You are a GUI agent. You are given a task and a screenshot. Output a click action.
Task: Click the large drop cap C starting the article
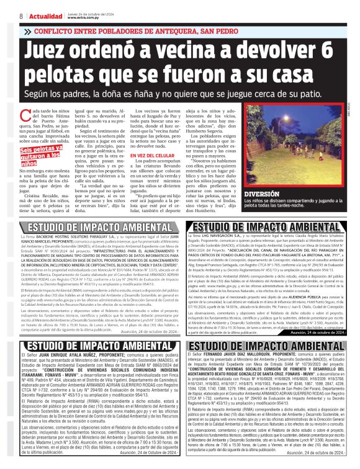point(24,119)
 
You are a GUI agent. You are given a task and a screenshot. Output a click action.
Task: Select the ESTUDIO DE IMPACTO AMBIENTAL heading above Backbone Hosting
point(91,226)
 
